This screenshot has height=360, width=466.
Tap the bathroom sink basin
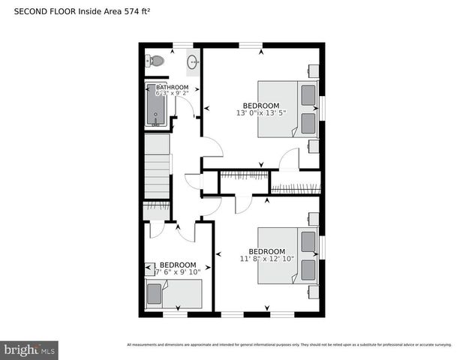coord(193,63)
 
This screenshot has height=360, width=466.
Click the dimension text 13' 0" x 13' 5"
coord(260,113)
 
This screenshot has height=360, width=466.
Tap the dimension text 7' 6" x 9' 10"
coord(177,272)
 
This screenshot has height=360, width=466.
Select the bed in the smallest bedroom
coord(174,293)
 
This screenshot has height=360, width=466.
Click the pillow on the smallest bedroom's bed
coord(155,294)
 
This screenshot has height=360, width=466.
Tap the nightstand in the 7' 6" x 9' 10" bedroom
coord(149,267)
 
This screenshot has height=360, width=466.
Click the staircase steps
coord(158,173)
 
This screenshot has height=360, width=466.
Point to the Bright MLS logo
coord(29,349)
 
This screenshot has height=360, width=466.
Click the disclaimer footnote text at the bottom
coord(289,345)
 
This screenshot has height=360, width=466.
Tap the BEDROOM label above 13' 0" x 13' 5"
coord(260,105)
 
